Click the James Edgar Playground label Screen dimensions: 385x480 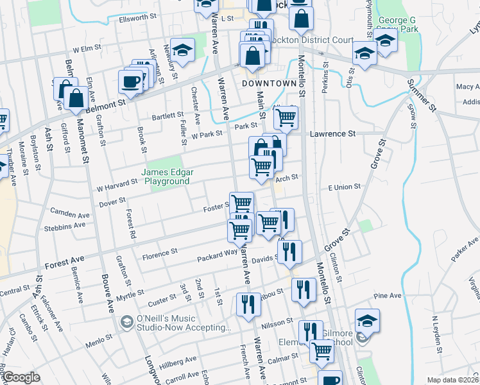pyautogui.click(x=166, y=176)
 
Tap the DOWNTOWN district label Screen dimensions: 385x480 pyautogui.click(x=269, y=83)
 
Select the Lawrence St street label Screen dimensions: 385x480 pyautogui.click(x=332, y=133)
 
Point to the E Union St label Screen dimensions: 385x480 pyautogui.click(x=345, y=187)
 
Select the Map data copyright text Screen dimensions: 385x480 pyautogui.click(x=452, y=380)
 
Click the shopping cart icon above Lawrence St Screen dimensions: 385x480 pyautogui.click(x=286, y=117)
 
